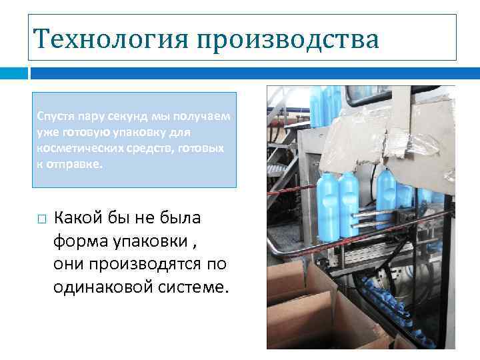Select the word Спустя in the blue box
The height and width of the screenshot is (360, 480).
point(55,116)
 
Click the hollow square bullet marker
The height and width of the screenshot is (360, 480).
point(41,219)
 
